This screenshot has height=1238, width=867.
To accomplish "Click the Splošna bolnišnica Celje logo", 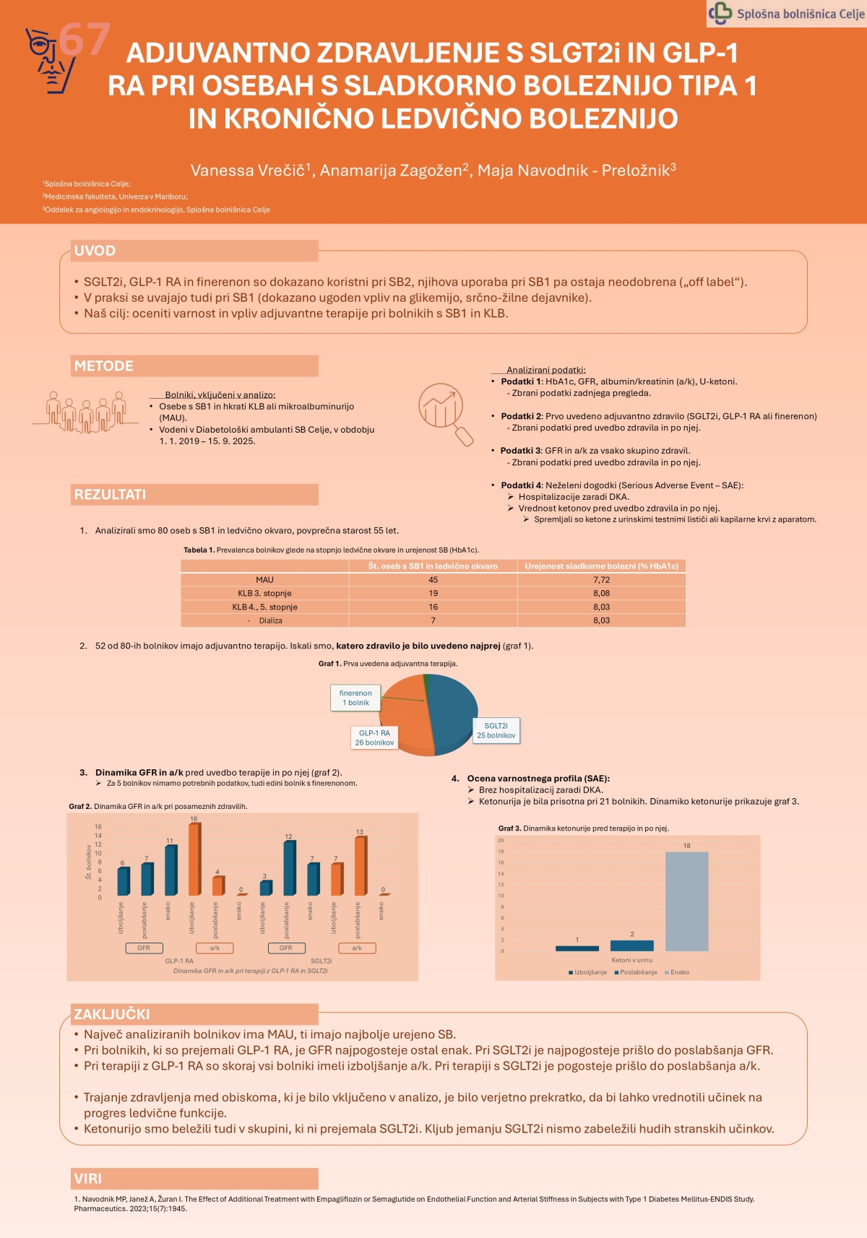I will (x=787, y=14).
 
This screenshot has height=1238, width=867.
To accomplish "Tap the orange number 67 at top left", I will (x=85, y=39).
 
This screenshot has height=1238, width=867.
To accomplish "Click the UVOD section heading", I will (x=95, y=251).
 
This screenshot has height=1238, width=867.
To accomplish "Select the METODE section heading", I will (x=103, y=366).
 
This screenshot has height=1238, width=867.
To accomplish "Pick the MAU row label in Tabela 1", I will (x=264, y=580).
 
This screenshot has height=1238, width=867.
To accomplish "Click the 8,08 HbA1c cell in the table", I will (x=601, y=594).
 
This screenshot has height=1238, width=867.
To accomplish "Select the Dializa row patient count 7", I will (x=433, y=620).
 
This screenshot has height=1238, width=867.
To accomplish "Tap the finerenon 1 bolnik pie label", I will (x=355, y=698).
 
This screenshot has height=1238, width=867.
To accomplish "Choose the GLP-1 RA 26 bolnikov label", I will (x=374, y=737).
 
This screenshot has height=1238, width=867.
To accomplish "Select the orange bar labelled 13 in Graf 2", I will (x=360, y=866).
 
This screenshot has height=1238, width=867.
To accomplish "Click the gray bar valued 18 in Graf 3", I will (x=686, y=901).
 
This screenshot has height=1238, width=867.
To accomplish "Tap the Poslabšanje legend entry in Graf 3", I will (x=637, y=972).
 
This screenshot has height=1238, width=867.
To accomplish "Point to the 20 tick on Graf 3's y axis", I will (x=501, y=840).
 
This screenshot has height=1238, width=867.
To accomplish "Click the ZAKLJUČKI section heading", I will (x=112, y=1014).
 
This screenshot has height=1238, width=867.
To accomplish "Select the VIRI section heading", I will (x=88, y=1179).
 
